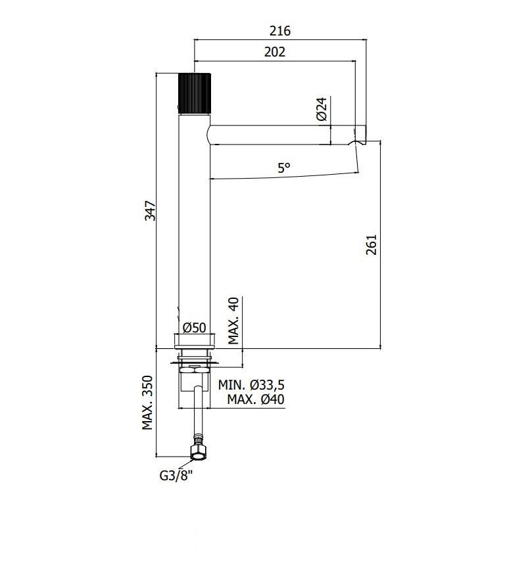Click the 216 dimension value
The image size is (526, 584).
(x=280, y=31)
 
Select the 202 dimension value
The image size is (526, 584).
(x=275, y=52)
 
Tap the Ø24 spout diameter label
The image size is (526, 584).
(x=322, y=109)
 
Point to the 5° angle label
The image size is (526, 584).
(x=283, y=168)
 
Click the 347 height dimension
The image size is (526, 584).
(x=150, y=210)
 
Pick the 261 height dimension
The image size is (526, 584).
(x=371, y=244)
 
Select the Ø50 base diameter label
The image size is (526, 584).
(x=194, y=327)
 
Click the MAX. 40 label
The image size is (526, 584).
(x=233, y=321)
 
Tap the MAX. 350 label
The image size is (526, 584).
(x=148, y=403)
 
